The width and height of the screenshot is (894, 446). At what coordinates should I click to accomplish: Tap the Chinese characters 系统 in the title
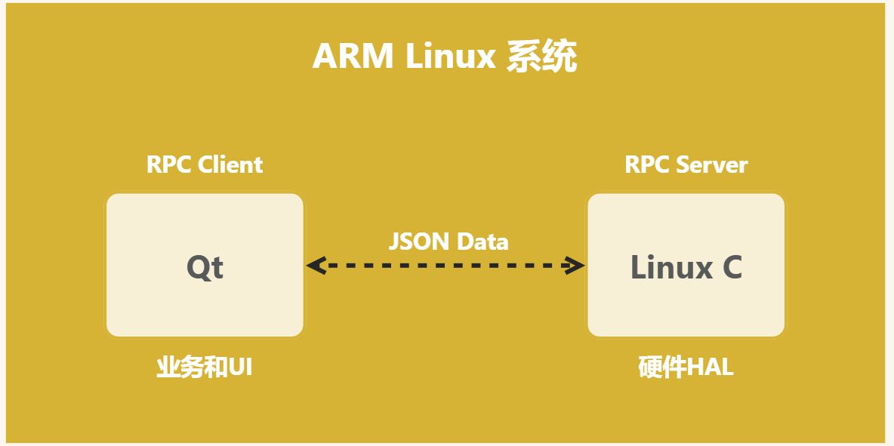point(541,57)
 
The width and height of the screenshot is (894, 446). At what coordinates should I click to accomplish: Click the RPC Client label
point(205,165)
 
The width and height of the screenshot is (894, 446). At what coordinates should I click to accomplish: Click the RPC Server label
point(686,165)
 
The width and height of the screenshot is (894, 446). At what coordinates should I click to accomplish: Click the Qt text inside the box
point(205,268)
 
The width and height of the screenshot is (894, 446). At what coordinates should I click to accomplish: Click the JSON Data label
point(449,241)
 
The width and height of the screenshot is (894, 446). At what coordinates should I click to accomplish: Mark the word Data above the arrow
point(482,241)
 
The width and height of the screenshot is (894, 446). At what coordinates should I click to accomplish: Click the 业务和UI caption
point(205,368)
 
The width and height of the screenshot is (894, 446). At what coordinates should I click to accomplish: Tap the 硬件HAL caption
point(686,368)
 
